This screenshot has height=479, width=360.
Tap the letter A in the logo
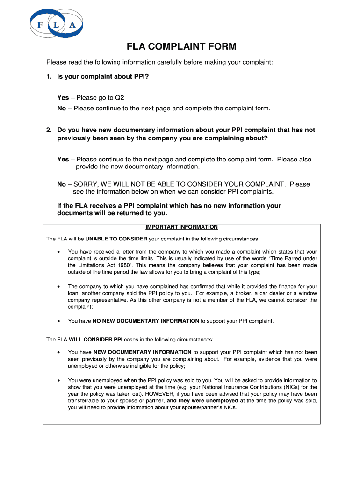tap(72, 25)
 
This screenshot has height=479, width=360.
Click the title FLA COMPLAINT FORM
tap(182, 47)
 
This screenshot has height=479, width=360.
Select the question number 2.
tap(48, 130)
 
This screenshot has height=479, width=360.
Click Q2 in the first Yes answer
tap(120, 98)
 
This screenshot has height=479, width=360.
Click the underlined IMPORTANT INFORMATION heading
tap(181, 227)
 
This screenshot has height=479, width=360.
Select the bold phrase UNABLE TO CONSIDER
tap(116, 239)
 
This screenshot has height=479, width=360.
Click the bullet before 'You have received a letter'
tap(58, 252)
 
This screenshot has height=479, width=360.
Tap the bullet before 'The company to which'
tap(58, 286)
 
